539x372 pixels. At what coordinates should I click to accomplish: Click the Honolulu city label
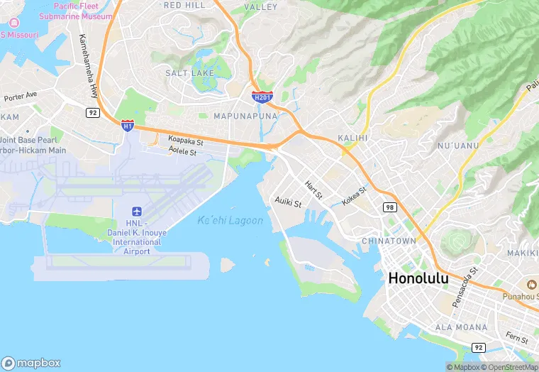(x=418, y=279)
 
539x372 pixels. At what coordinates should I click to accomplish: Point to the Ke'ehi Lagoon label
(x=230, y=221)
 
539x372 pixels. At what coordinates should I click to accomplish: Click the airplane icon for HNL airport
(x=136, y=212)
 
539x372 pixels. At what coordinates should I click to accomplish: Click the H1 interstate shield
(x=128, y=125)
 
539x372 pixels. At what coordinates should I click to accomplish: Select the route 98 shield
(x=390, y=207)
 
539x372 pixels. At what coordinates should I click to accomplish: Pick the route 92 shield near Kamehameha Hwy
(x=92, y=112)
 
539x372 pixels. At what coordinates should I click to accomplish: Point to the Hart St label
(x=313, y=190)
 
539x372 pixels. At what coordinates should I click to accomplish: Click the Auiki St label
(x=289, y=203)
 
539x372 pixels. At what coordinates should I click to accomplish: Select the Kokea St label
(x=354, y=197)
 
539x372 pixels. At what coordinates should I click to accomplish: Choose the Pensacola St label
(x=467, y=283)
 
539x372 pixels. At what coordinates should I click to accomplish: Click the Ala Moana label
(x=461, y=327)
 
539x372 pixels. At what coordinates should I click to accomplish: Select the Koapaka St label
(x=186, y=141)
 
